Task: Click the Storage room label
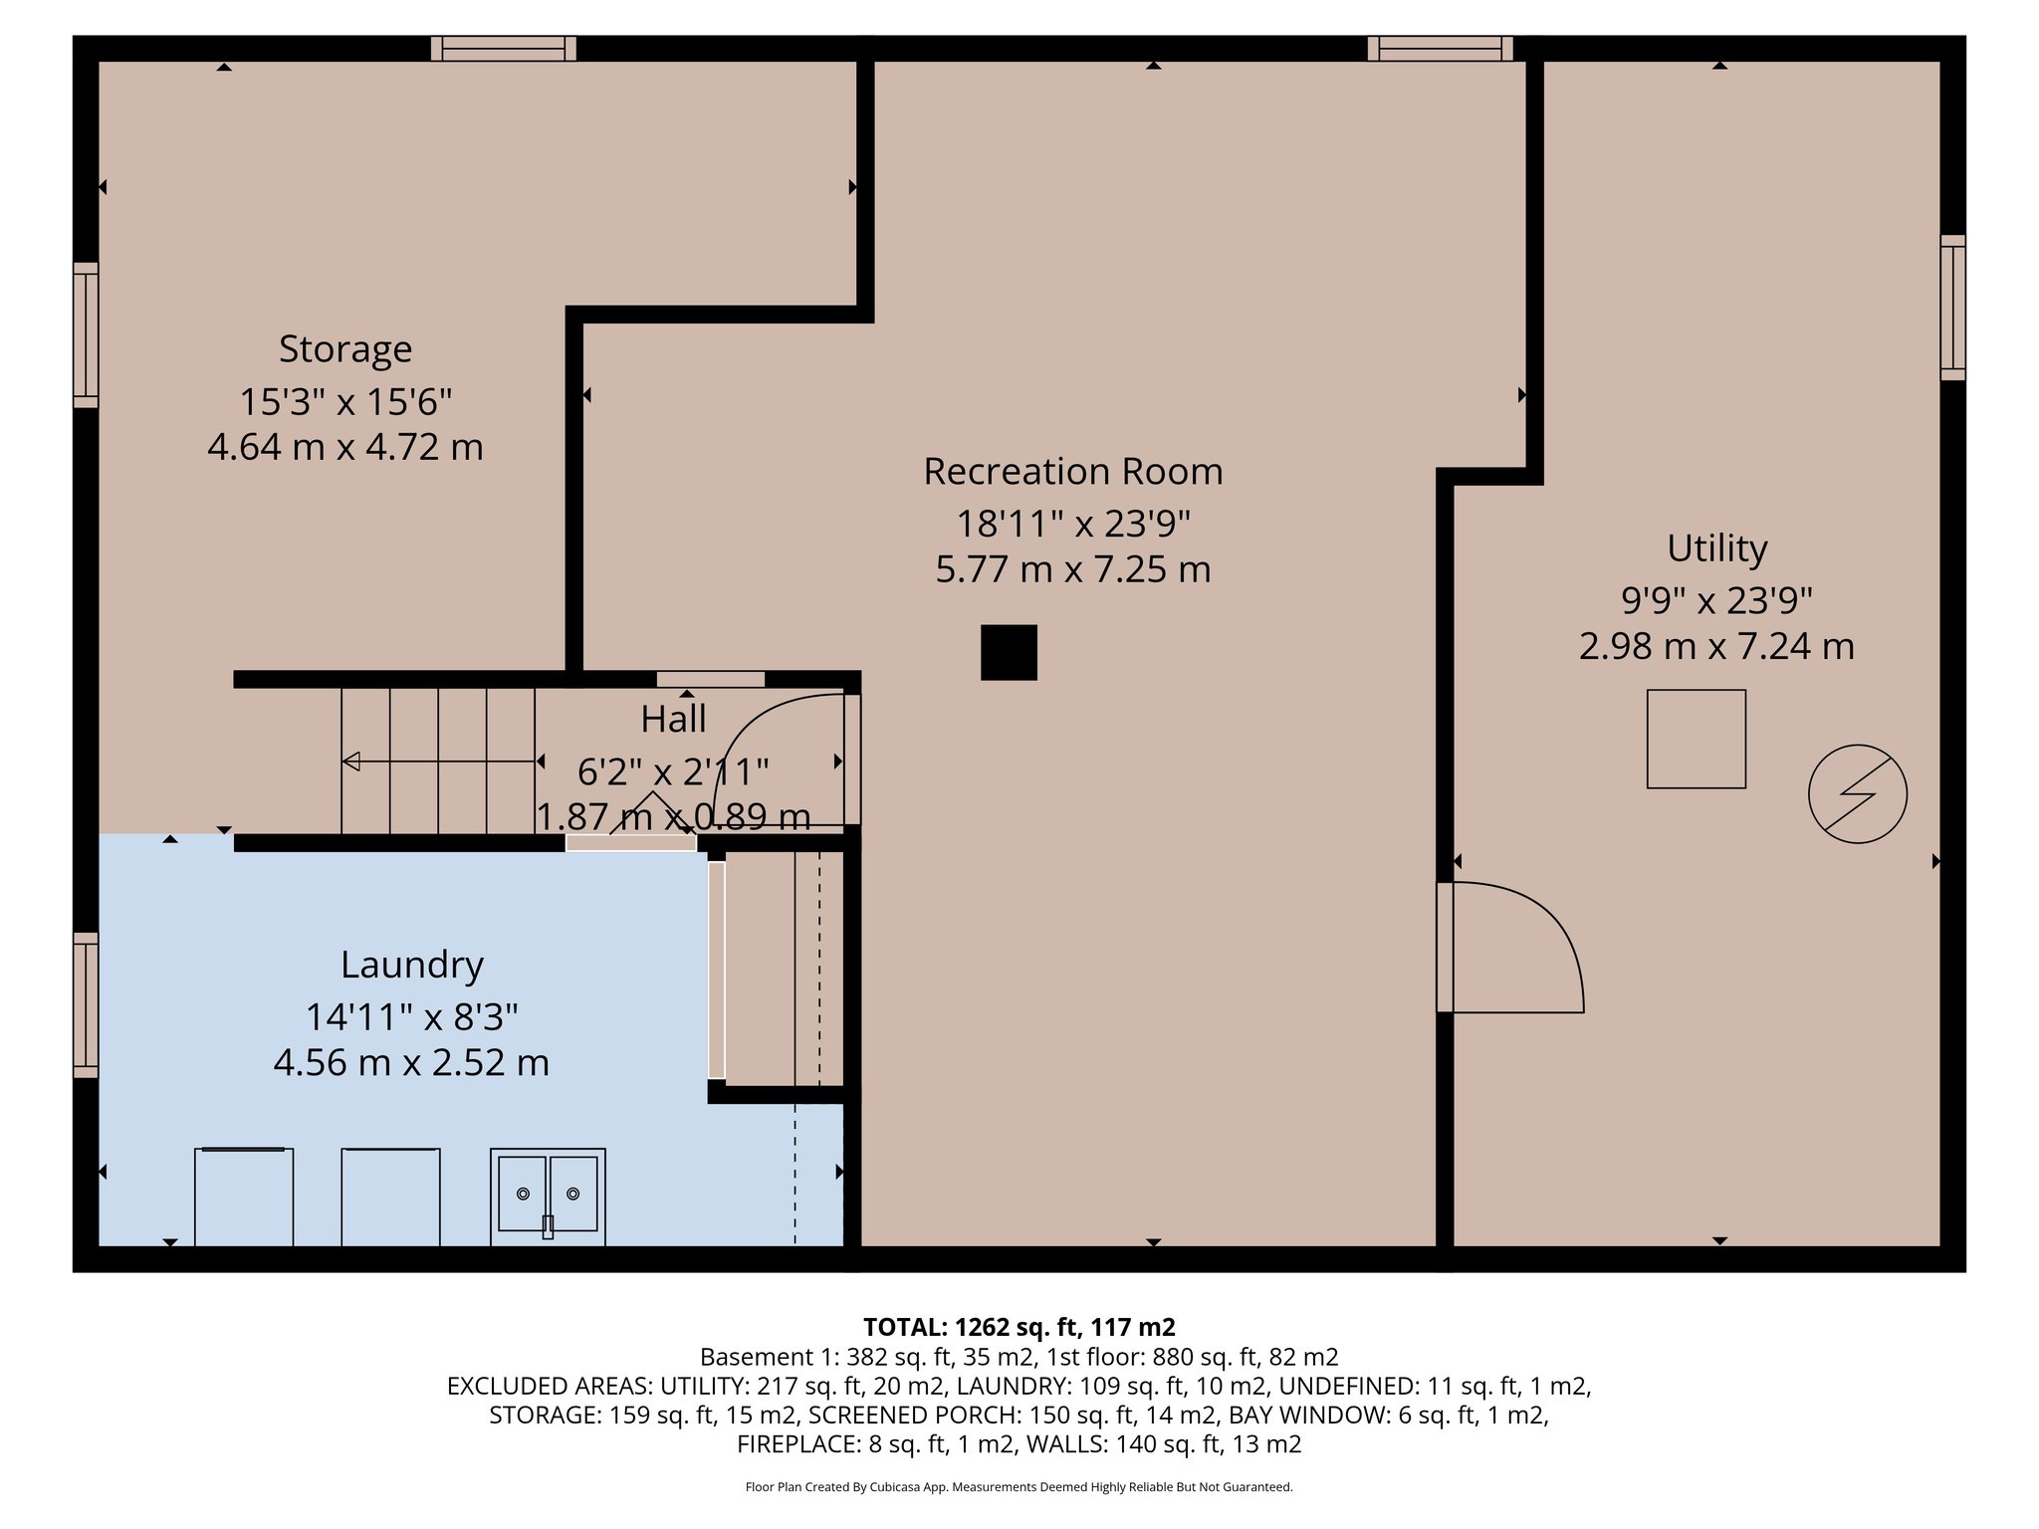pyautogui.click(x=344, y=349)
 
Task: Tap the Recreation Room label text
pyautogui.click(x=1072, y=472)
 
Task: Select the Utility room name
pyautogui.click(x=1716, y=548)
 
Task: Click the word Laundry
pyautogui.click(x=411, y=965)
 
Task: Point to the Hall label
pyautogui.click(x=673, y=719)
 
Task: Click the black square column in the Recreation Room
pyautogui.click(x=1009, y=652)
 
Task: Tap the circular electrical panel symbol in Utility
pyautogui.click(x=1857, y=793)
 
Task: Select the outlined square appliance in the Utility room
pyautogui.click(x=1696, y=739)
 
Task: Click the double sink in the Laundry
pyautogui.click(x=548, y=1194)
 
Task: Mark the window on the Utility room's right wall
pyautogui.click(x=1952, y=307)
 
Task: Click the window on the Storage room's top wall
pyautogui.click(x=503, y=49)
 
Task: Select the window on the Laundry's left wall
pyautogui.click(x=87, y=1004)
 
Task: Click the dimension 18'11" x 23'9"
pyautogui.click(x=1072, y=523)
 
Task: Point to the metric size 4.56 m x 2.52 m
pyautogui.click(x=411, y=1063)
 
